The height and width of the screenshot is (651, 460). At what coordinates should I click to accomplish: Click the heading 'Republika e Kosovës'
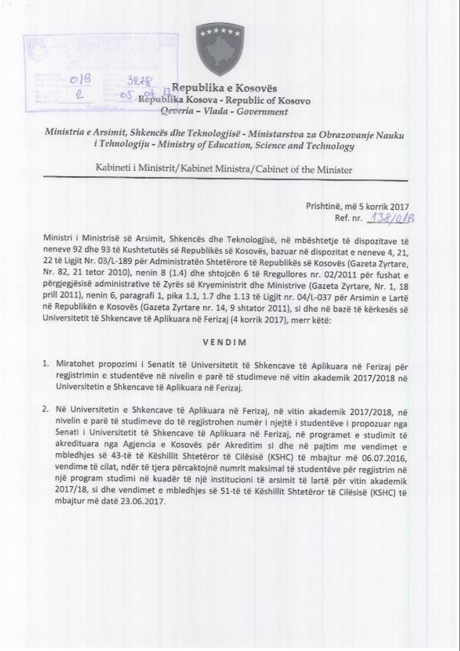click(x=224, y=88)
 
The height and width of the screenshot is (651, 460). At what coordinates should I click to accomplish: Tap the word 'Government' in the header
click(x=262, y=112)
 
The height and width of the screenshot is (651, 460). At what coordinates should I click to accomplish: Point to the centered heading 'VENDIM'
click(x=224, y=342)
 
